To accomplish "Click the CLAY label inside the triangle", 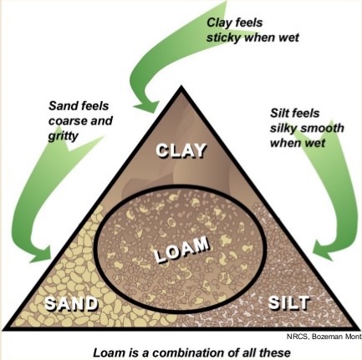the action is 181,150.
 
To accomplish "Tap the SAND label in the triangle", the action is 72,303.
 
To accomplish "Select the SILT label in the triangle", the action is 289,302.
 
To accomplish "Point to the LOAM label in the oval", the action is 181,249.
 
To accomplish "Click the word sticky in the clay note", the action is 223,38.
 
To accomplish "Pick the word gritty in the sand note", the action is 63,136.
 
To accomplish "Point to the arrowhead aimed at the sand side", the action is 42,253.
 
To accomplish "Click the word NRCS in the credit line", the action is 298,336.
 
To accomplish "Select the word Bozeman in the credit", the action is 327,336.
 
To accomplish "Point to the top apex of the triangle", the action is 181,86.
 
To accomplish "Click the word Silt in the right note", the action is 279,114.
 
